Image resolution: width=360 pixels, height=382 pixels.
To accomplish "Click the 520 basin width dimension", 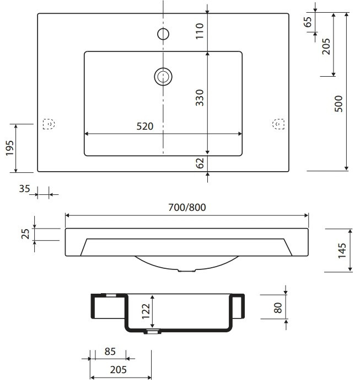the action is tap(145, 126).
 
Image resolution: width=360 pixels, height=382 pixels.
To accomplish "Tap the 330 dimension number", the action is tap(200, 98).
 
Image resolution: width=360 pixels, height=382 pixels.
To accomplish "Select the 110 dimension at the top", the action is tap(200, 31).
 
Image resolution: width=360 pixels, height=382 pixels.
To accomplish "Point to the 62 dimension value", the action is tap(200, 163).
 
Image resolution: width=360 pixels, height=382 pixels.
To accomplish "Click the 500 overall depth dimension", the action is tap(338, 104).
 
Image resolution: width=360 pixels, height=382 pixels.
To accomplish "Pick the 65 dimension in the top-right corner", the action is tap(308, 22).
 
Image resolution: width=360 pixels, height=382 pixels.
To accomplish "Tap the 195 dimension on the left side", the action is tap(10, 148).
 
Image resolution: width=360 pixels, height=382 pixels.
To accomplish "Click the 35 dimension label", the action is tap(24, 189).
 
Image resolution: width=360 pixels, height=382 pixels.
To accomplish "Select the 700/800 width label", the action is tap(187, 208).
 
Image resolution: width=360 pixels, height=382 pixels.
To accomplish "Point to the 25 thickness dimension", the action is tap(25, 234).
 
